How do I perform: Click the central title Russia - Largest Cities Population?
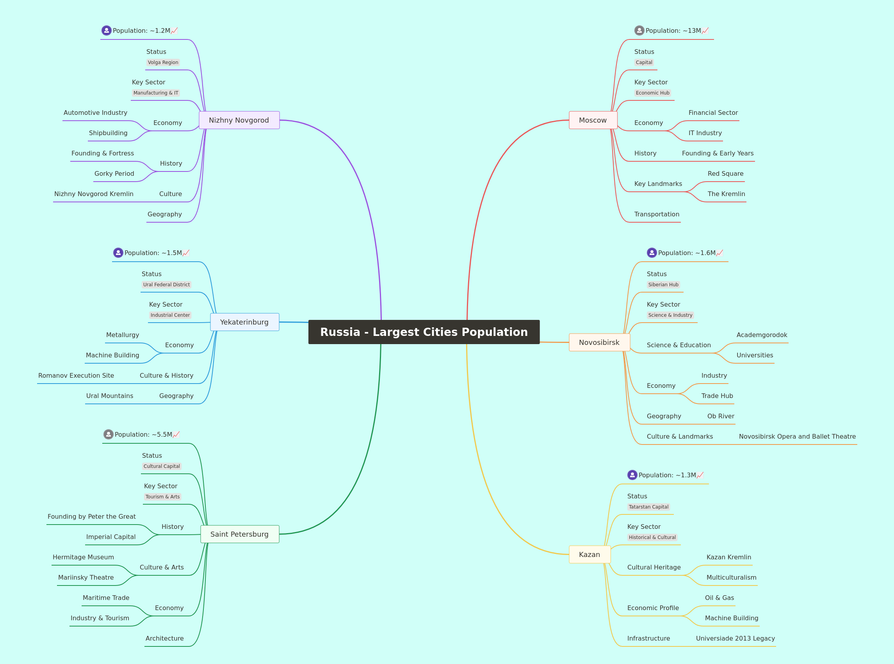(424, 332)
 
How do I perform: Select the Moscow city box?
(593, 120)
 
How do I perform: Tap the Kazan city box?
(589, 554)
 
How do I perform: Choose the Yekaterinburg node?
(245, 322)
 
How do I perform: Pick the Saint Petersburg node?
(240, 534)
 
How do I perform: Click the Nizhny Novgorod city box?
(239, 120)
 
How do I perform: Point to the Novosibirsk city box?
(599, 343)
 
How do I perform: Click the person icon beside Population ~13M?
(639, 30)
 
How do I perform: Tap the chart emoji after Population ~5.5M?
(176, 434)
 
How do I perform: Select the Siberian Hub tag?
(663, 285)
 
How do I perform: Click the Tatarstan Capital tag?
(648, 507)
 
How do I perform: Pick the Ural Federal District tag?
(166, 285)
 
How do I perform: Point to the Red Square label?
(725, 174)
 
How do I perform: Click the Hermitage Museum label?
(83, 557)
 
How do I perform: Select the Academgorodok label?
(762, 335)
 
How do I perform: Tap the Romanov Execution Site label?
(76, 375)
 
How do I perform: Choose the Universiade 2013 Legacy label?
(735, 638)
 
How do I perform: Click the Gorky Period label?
(114, 174)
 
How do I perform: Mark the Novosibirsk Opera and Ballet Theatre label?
(797, 437)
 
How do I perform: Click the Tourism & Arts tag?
(162, 497)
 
